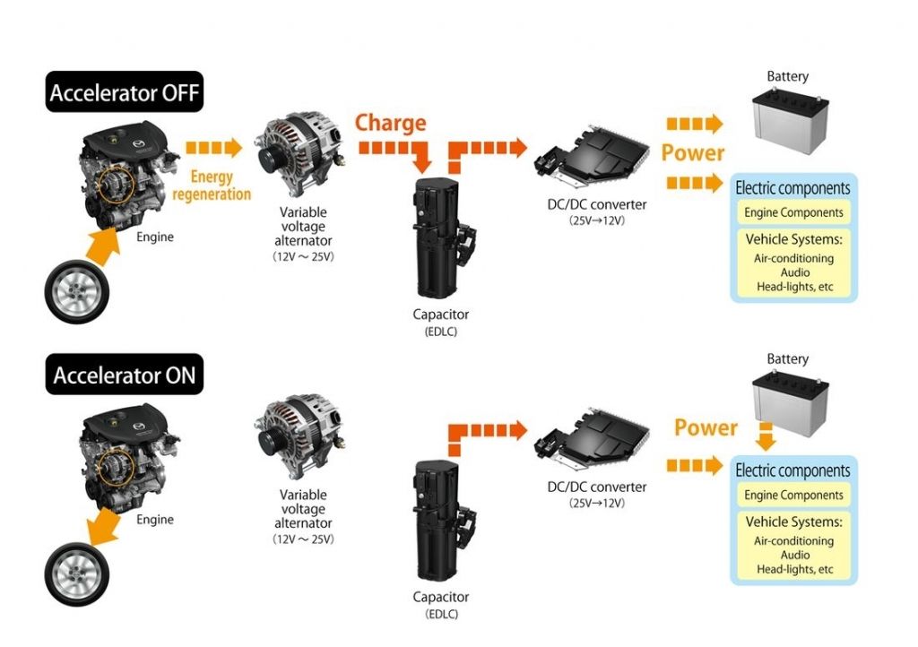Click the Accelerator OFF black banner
pos(124,91)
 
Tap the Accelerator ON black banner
pos(124,375)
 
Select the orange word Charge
pos(391,123)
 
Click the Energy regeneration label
pos(212,185)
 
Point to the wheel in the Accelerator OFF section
pos(77,292)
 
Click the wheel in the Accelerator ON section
pos(77,574)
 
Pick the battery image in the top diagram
pos(790,120)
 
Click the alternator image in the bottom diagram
pos(299,432)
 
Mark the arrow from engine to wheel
pos(103,526)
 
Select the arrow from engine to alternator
pos(213,148)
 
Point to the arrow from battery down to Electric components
pos(766,436)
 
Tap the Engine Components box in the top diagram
pos(793,212)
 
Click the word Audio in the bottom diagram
pos(795,555)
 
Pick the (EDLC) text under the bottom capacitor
pos(441,614)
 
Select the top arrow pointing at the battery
pos(695,124)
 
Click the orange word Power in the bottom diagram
pos(706,427)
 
